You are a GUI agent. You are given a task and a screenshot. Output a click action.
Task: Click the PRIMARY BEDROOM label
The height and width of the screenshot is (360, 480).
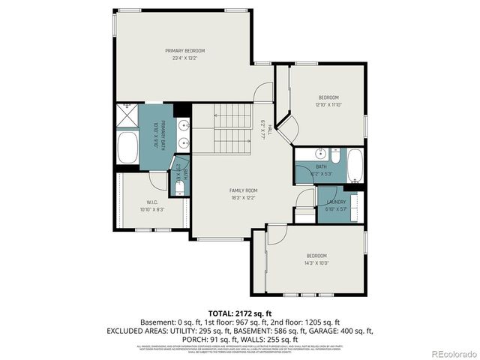184,50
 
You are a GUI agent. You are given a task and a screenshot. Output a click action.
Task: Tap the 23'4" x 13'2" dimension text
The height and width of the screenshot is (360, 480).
184,57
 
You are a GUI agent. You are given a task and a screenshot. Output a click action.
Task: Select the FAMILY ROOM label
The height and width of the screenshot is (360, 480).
243,190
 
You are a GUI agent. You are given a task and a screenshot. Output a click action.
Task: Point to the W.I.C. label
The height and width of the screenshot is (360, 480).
151,202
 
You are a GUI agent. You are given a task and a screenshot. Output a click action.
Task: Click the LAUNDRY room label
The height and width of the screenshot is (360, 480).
336,202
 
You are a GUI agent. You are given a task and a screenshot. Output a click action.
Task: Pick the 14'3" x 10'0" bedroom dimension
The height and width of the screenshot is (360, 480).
316,263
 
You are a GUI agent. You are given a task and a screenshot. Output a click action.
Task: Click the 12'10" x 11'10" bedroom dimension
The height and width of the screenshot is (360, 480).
328,105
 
